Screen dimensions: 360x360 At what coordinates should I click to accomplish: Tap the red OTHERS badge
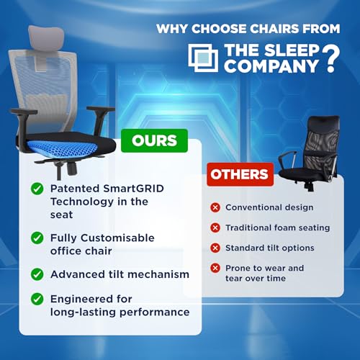pyautogui.click(x=240, y=174)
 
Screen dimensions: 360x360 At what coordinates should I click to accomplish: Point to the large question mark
pyautogui.click(x=330, y=60)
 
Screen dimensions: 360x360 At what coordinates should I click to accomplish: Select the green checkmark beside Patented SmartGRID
pyautogui.click(x=36, y=188)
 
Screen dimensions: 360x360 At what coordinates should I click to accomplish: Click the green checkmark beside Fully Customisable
pyautogui.click(x=36, y=236)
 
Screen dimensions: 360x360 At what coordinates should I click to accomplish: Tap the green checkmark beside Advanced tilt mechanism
pyautogui.click(x=36, y=274)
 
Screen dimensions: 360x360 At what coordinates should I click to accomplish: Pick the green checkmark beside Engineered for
pyautogui.click(x=36, y=299)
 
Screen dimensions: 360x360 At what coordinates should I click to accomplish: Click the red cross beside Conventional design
pyautogui.click(x=215, y=207)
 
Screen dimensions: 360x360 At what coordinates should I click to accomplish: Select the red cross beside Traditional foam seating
pyautogui.click(x=215, y=228)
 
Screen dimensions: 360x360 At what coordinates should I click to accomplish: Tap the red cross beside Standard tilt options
pyautogui.click(x=215, y=248)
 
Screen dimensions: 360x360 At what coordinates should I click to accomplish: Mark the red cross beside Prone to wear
pyautogui.click(x=215, y=268)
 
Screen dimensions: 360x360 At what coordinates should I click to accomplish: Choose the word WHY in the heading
pyautogui.click(x=171, y=30)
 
